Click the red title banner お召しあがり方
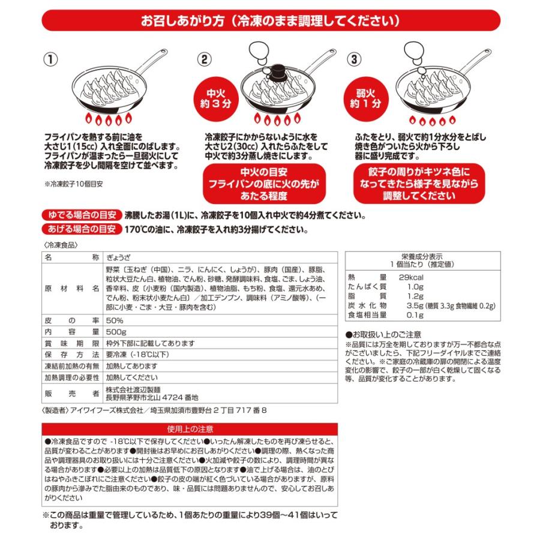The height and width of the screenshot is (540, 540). pos(270,21)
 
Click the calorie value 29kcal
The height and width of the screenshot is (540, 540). pos(412,278)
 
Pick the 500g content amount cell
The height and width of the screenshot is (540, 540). pos(115,331)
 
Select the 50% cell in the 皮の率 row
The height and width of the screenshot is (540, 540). pos(114,319)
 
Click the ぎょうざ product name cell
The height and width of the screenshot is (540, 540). pos(121,257)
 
